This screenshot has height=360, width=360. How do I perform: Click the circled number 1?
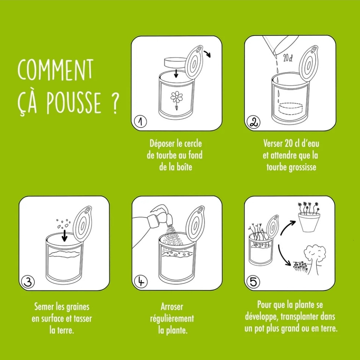coord(140,122)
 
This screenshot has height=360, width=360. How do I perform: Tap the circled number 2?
coord(253,122)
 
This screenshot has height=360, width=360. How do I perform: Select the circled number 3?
coord(28,282)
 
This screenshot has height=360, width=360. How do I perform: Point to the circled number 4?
coord(141,281)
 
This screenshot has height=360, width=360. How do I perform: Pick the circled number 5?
coord(253,282)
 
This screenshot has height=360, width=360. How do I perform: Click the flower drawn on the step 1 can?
coord(176,100)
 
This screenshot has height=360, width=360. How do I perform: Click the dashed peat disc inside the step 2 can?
coord(291,108)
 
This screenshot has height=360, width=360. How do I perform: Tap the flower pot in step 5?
coord(309,222)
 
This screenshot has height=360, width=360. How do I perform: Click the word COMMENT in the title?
coord(55,70)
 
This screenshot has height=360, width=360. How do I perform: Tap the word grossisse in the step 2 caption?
coord(302,168)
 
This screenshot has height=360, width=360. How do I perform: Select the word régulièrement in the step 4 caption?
coord(172,319)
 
